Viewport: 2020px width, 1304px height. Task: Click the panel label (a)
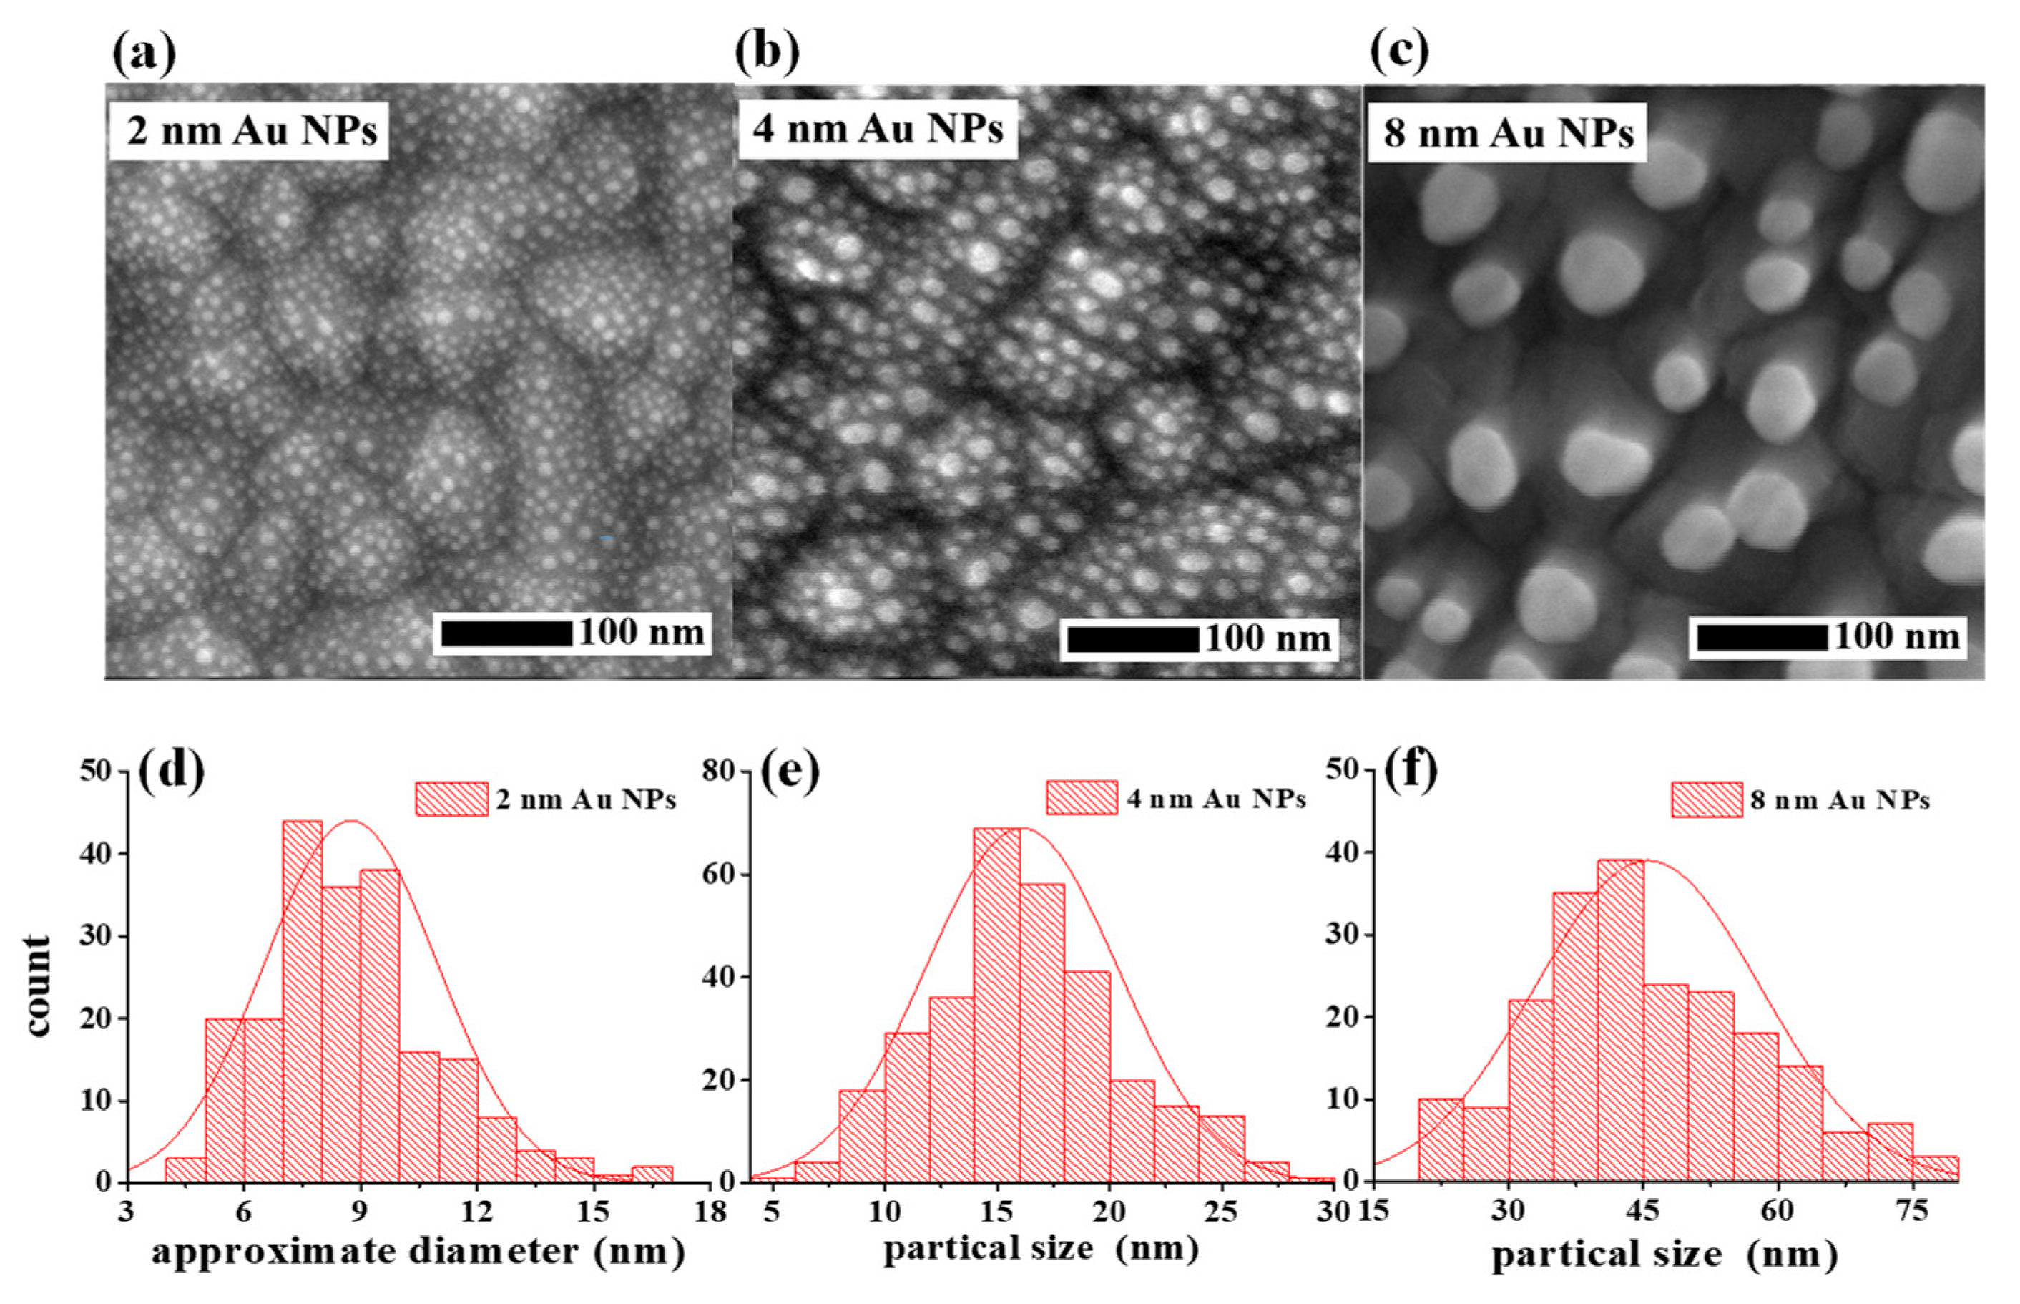click(144, 52)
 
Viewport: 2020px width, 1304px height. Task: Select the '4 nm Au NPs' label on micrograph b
click(878, 130)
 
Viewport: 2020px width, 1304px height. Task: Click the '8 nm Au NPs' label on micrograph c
click(1508, 133)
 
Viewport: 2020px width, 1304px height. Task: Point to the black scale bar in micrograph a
click(506, 633)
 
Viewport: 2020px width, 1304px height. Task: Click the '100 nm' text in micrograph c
click(1896, 637)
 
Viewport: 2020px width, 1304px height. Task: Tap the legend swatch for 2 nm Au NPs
click(451, 799)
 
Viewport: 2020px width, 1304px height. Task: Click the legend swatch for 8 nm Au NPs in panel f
click(1706, 800)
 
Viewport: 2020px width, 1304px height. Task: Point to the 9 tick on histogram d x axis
click(361, 1212)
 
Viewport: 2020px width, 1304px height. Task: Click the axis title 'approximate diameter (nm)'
click(418, 1252)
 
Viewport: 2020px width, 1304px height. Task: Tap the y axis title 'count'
click(38, 986)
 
